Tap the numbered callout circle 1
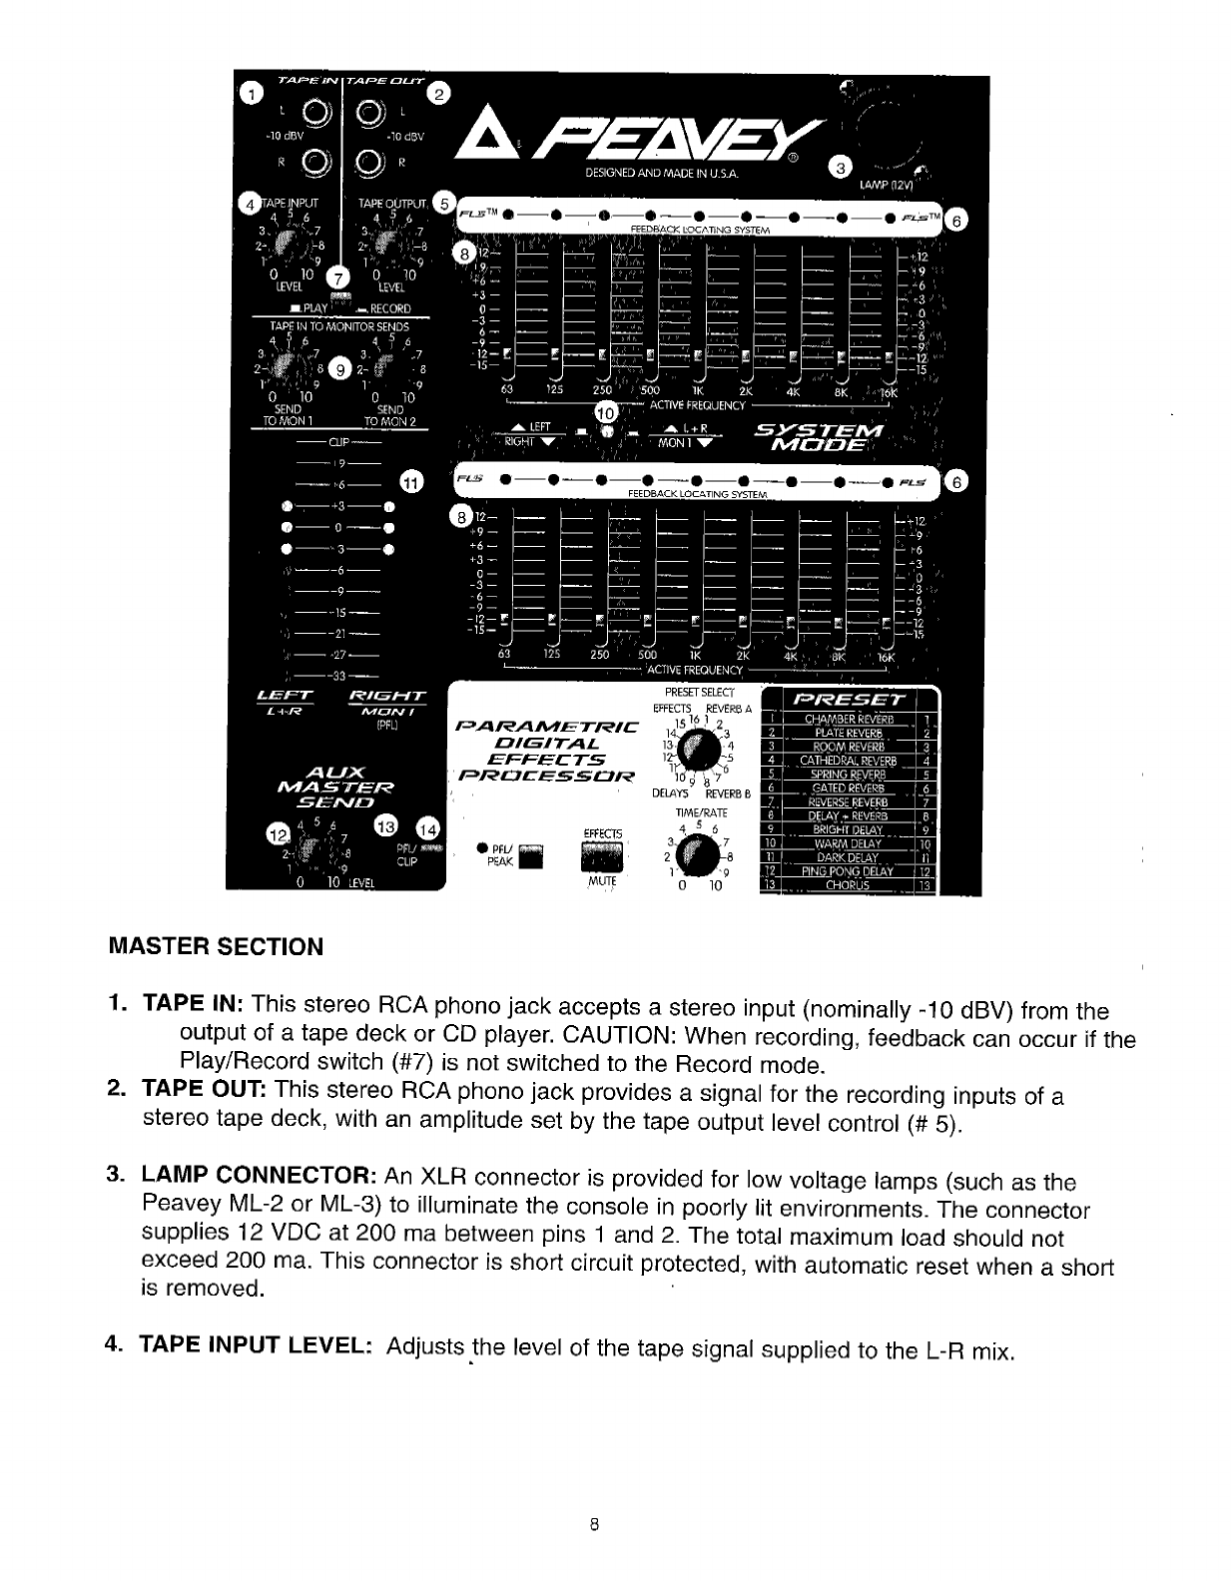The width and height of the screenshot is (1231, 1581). point(254,93)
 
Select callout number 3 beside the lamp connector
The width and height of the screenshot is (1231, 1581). point(842,165)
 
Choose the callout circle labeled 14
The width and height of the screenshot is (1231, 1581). point(428,827)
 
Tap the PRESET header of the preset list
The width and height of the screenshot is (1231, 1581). point(850,699)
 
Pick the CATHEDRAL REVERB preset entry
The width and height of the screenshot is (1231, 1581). point(848,760)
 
